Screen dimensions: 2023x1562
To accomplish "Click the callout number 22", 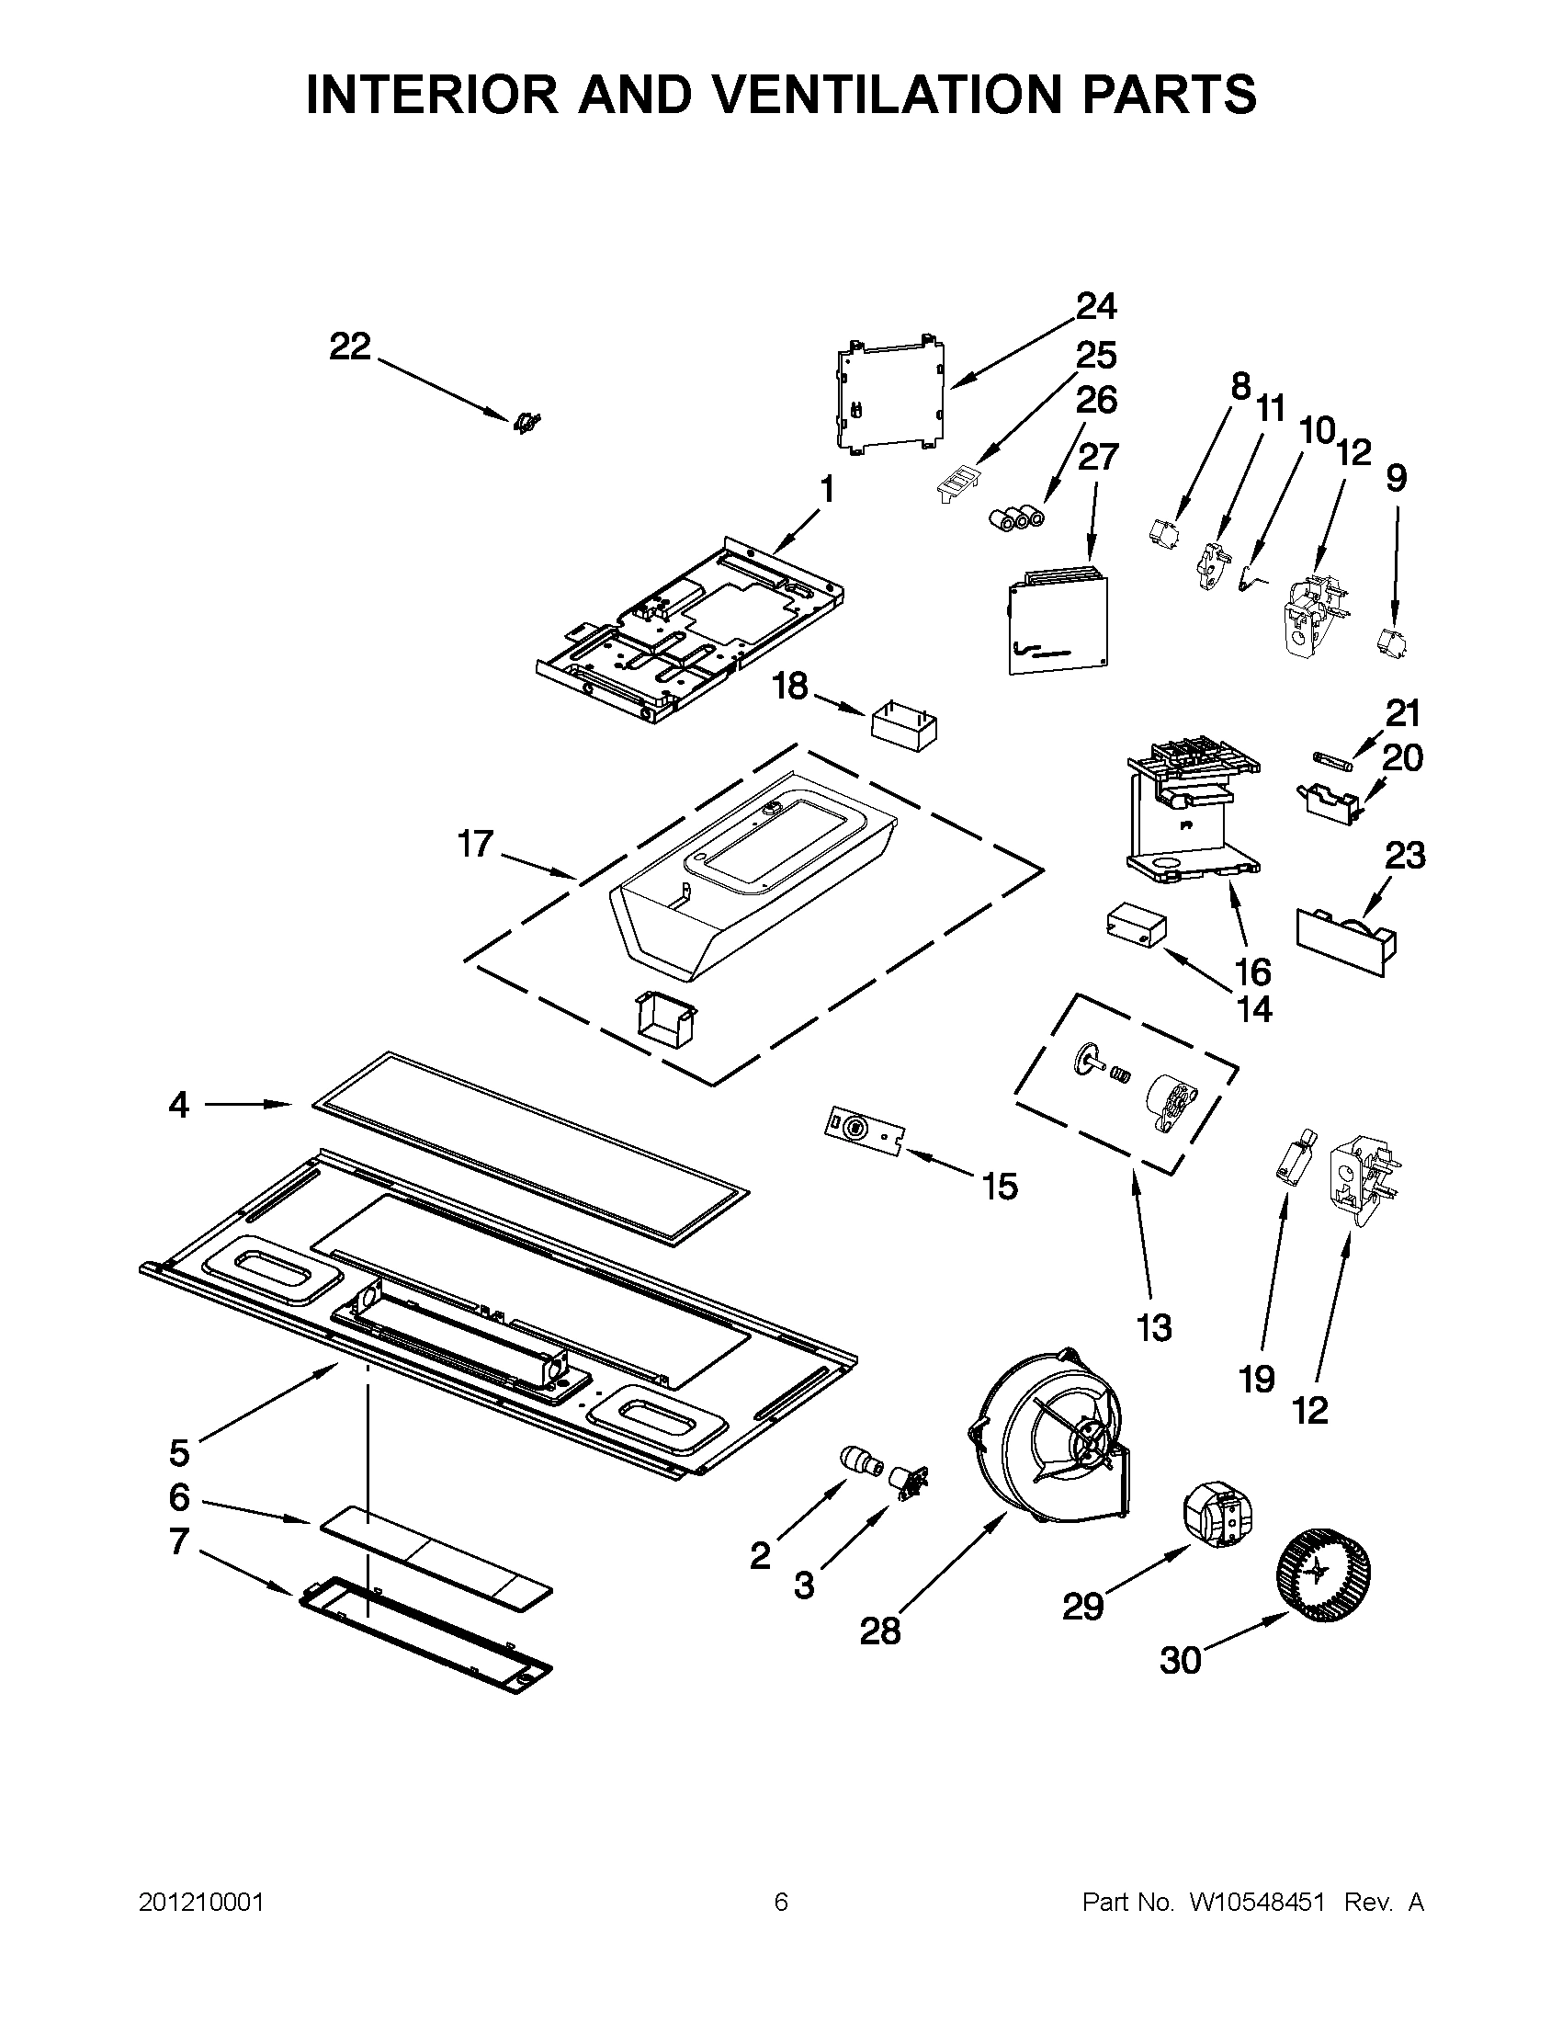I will [x=350, y=347].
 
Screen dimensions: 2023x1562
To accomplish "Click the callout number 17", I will [x=476, y=844].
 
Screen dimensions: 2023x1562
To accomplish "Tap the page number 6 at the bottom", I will [x=780, y=1903].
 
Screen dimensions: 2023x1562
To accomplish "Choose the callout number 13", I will [x=1154, y=1327].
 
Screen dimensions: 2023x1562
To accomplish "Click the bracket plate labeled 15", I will [x=861, y=1130].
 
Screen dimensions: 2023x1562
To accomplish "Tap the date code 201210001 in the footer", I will [x=202, y=1903].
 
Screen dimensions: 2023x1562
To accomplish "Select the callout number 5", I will [x=178, y=1452].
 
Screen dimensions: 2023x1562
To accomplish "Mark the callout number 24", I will [x=1096, y=306].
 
